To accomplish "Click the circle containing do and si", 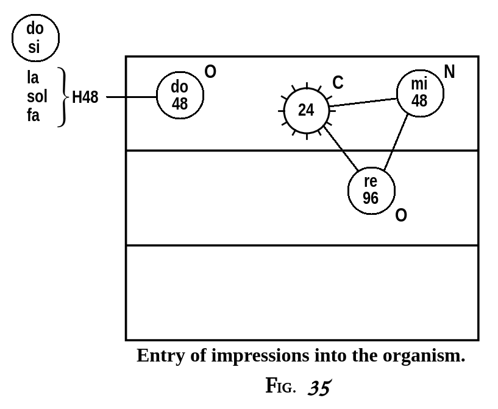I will [35, 38].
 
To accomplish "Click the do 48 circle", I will [179, 96].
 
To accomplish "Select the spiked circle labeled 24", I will [307, 110].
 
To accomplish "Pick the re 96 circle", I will [371, 190].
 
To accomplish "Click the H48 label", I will [85, 97].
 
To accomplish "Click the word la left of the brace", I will [32, 77].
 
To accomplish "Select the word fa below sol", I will [33, 116].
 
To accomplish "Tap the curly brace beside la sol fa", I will [62, 97].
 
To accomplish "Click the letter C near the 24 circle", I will [338, 83].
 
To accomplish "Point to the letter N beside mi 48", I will [450, 72].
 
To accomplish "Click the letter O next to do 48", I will [210, 72].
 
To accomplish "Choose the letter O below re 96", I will [401, 215].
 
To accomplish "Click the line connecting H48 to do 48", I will [131, 97].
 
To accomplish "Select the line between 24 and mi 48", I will [363, 102].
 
